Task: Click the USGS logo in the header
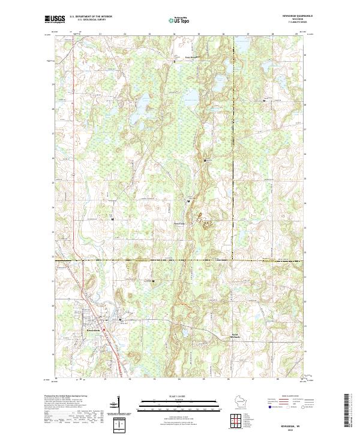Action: [x=53, y=19]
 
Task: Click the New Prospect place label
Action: [x=181, y=58]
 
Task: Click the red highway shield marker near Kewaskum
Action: [x=104, y=328]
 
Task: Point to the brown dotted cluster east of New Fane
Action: [x=207, y=226]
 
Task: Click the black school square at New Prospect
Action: [x=175, y=61]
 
